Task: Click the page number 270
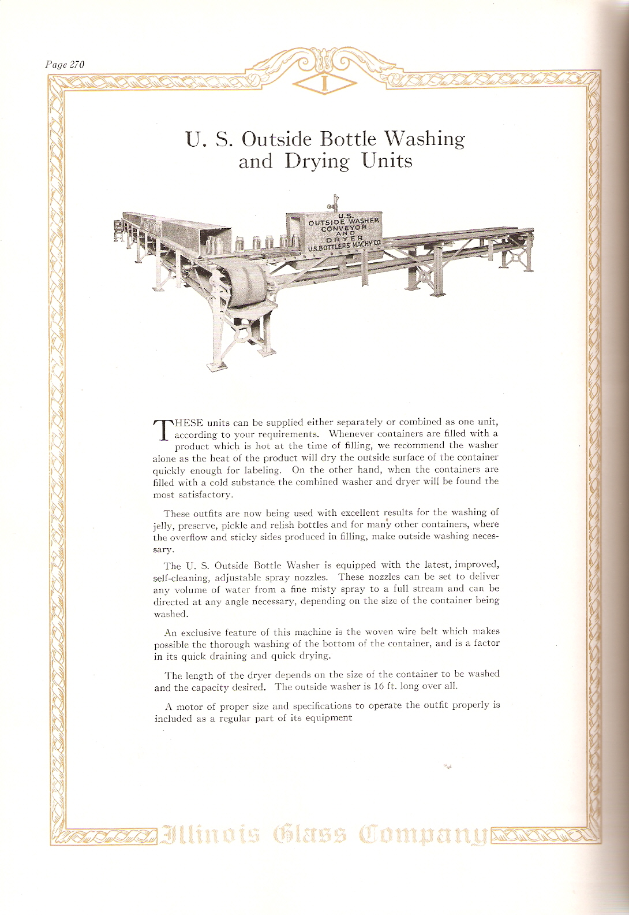pyautogui.click(x=77, y=65)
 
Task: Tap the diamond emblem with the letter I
pyautogui.click(x=324, y=84)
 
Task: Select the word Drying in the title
pyautogui.click(x=317, y=161)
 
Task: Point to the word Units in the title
pyautogui.click(x=387, y=161)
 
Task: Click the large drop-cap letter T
pyautogui.click(x=162, y=431)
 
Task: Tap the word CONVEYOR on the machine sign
pyautogui.click(x=345, y=228)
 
